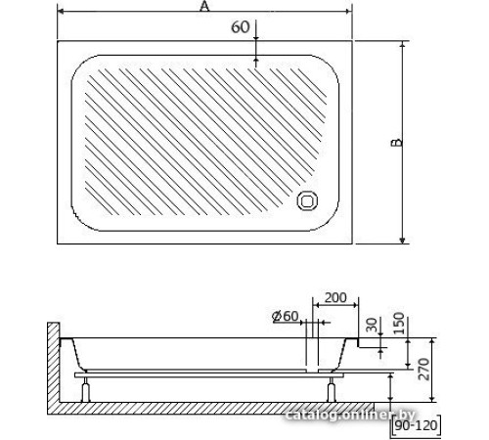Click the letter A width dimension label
(x=203, y=7)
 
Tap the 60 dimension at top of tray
(x=240, y=27)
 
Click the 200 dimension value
(x=333, y=297)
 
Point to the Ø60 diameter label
(x=285, y=316)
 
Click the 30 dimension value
(x=371, y=327)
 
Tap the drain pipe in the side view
(x=312, y=346)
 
